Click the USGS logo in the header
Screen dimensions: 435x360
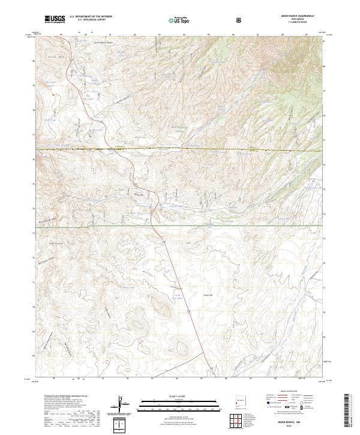coord(53,20)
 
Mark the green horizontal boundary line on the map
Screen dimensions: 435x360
coord(180,226)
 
